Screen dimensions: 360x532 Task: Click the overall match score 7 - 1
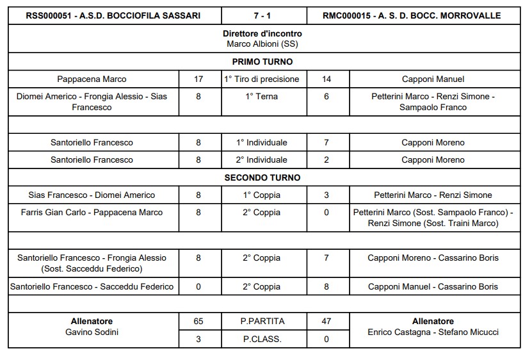tap(262, 15)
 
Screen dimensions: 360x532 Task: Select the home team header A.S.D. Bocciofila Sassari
tap(113, 15)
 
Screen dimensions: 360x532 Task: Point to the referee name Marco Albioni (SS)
tap(262, 44)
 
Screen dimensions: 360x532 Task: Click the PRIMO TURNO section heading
tap(262, 62)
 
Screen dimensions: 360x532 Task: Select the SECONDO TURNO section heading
tap(262, 177)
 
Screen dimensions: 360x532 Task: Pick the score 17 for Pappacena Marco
tap(198, 79)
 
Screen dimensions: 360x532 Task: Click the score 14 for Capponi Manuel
tap(326, 79)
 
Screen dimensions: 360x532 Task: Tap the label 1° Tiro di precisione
tap(262, 79)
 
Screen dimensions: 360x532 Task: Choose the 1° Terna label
tap(262, 96)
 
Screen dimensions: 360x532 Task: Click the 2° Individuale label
tap(262, 160)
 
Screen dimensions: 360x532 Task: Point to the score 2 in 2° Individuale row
tap(326, 160)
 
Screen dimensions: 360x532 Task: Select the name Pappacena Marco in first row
tap(92, 79)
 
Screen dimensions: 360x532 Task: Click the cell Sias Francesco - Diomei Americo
tap(92, 195)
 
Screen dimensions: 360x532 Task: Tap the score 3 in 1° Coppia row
tap(326, 195)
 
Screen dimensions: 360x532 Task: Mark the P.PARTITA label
tap(262, 322)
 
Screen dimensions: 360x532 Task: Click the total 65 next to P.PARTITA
tap(198, 322)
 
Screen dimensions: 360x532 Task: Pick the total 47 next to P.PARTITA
tap(326, 322)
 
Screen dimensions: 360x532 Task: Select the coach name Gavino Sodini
tap(92, 332)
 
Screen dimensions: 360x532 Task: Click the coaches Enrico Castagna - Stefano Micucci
tap(433, 332)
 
